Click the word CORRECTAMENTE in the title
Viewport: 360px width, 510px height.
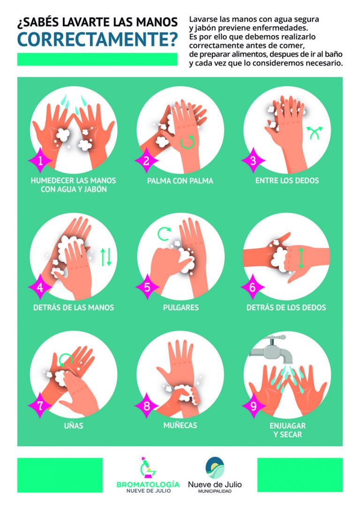[x=97, y=39]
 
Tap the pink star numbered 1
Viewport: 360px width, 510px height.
[x=40, y=160]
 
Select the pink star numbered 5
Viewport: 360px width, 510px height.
[x=147, y=287]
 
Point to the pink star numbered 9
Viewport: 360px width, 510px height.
[x=254, y=405]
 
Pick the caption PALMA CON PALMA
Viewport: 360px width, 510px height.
[x=180, y=181]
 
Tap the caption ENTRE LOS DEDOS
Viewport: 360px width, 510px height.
[x=287, y=181]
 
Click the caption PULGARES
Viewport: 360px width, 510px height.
[x=180, y=307]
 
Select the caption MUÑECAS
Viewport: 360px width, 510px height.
[x=180, y=425]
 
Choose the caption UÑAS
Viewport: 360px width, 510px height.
[x=74, y=425]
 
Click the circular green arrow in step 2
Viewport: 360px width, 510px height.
[x=187, y=143]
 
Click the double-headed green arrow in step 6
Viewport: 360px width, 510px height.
[x=301, y=258]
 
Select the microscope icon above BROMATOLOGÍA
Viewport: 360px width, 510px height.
[x=147, y=468]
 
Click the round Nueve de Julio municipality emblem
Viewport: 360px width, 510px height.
[x=215, y=467]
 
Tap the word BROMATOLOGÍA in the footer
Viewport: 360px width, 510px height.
[x=148, y=484]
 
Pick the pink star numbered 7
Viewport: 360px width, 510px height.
[x=40, y=405]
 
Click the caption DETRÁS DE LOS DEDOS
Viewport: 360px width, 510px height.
[x=286, y=307]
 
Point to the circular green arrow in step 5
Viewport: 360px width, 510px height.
[x=165, y=234]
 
